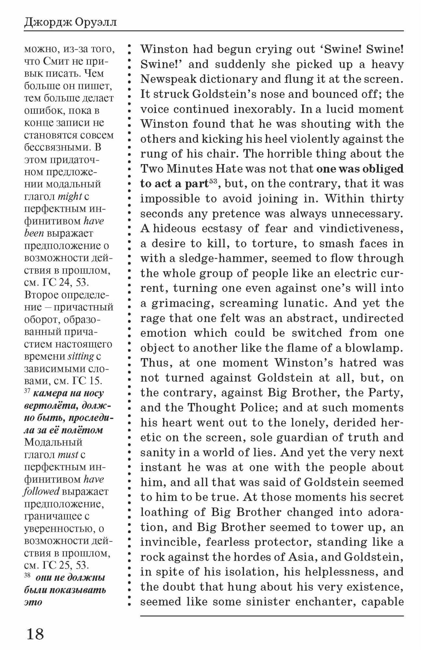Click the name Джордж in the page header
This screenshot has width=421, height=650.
[47, 23]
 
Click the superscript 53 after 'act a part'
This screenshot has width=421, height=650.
[213, 181]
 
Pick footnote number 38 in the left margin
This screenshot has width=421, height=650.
[27, 576]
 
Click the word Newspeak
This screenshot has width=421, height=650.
[167, 79]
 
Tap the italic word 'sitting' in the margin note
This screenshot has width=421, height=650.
[81, 356]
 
